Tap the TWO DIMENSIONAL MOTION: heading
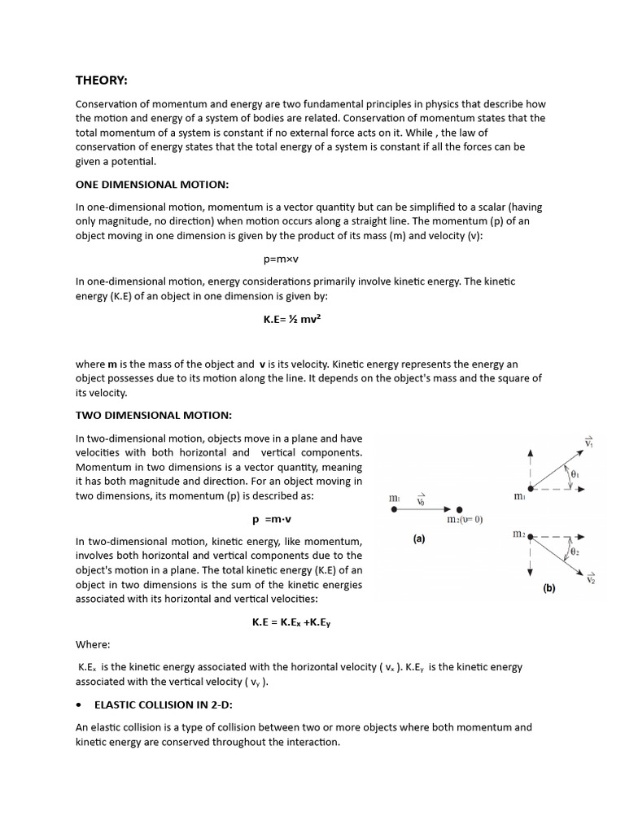154,415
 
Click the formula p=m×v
282,259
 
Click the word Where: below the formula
93,644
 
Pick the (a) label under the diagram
419,539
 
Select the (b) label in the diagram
549,588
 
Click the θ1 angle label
575,473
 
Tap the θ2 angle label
575,552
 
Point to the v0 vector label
421,498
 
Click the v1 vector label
588,441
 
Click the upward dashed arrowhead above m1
531,452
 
